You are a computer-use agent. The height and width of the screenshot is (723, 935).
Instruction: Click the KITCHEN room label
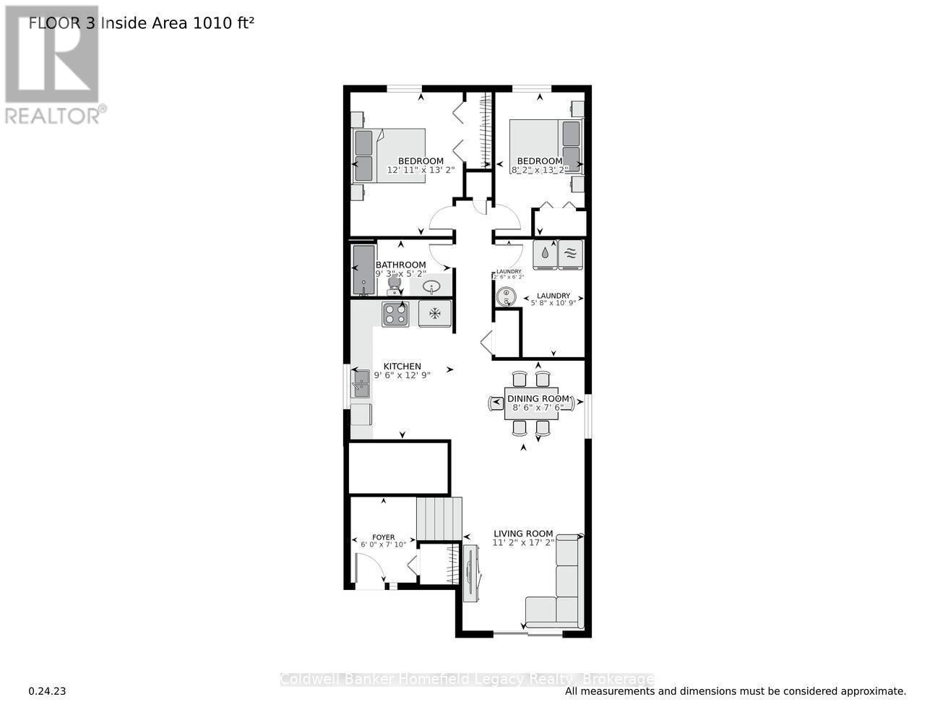tap(402, 367)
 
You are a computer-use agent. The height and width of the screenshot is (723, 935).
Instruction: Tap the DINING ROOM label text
tap(538, 399)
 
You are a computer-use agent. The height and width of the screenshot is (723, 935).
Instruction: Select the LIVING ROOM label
tap(524, 534)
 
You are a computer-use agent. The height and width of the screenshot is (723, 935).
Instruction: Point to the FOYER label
tap(383, 537)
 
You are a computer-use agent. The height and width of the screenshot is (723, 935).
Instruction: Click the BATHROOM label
tap(400, 265)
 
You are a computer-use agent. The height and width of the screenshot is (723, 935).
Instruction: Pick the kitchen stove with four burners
tap(395, 314)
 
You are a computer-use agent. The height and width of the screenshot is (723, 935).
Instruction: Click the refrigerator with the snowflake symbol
tap(435, 314)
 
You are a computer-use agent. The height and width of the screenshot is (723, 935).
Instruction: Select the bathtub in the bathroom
tap(363, 270)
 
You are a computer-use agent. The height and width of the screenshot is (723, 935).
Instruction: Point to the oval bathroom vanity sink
tap(432, 287)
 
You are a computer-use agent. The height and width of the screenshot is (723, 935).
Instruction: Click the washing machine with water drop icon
tap(545, 253)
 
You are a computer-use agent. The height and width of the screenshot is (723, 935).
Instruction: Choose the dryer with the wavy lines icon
tap(570, 253)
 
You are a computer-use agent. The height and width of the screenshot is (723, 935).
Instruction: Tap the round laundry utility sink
tap(506, 295)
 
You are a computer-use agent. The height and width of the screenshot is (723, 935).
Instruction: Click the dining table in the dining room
tap(531, 403)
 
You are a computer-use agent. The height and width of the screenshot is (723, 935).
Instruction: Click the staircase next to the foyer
tap(439, 518)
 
